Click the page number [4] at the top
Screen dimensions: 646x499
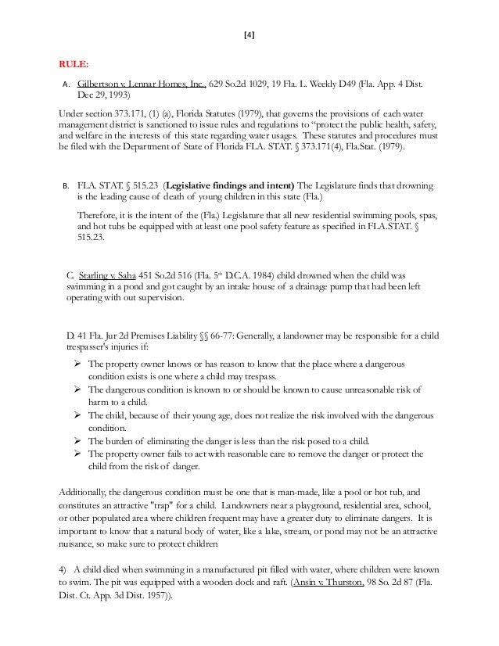click(249, 34)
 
